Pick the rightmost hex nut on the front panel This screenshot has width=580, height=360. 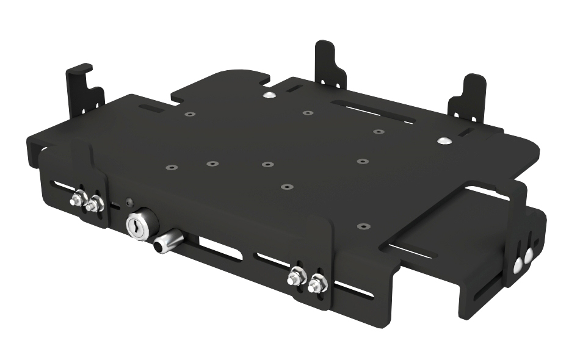tap(316, 284)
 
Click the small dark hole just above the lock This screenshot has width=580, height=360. tap(129, 202)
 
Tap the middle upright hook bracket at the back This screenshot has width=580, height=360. tap(330, 63)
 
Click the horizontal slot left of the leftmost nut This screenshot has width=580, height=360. tap(59, 184)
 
